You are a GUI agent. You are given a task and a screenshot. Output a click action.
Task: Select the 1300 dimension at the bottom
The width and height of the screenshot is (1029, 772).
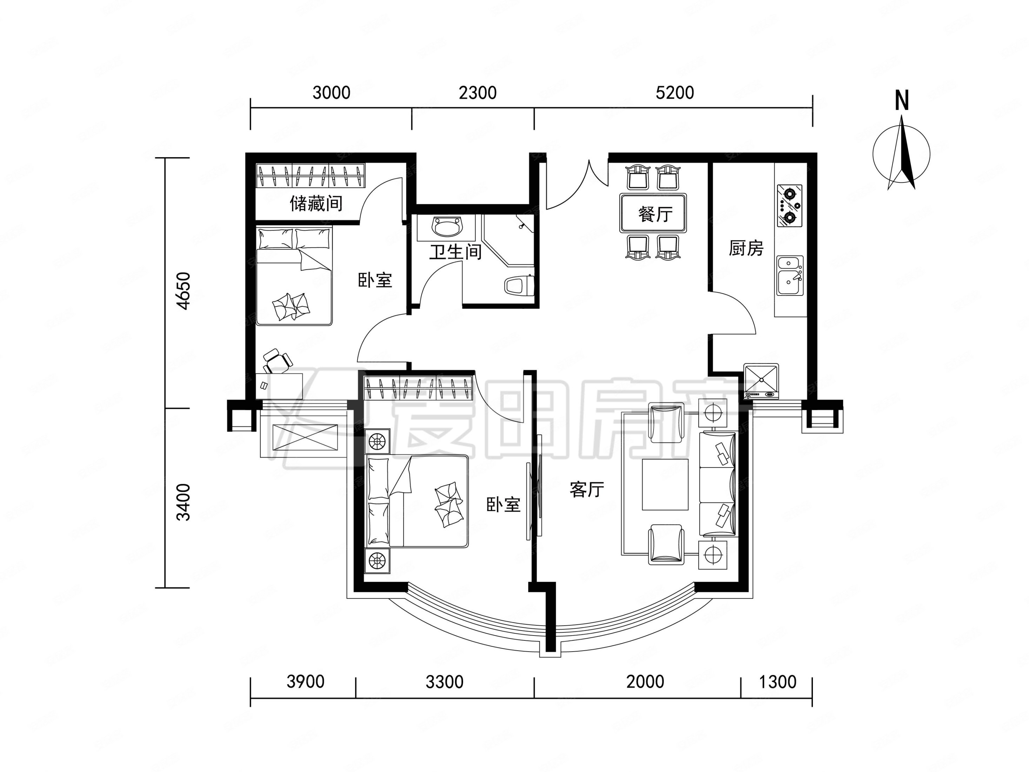pyautogui.click(x=777, y=682)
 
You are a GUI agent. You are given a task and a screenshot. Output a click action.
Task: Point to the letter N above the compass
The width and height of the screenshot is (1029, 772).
pyautogui.click(x=902, y=100)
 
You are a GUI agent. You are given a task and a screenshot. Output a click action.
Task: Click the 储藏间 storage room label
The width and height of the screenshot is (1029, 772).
pyautogui.click(x=316, y=204)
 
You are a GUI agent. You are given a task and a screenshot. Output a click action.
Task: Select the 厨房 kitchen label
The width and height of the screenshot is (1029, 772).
pyautogui.click(x=746, y=248)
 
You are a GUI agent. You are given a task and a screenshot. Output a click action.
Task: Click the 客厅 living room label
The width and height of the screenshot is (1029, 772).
pyautogui.click(x=587, y=489)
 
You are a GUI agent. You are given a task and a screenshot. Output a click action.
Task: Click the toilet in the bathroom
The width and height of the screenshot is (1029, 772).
pyautogui.click(x=519, y=285)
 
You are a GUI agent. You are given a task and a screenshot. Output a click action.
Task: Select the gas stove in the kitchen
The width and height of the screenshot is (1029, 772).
pyautogui.click(x=789, y=205)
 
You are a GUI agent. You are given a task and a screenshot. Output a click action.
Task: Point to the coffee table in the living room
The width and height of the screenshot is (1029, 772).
pyautogui.click(x=665, y=484)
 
